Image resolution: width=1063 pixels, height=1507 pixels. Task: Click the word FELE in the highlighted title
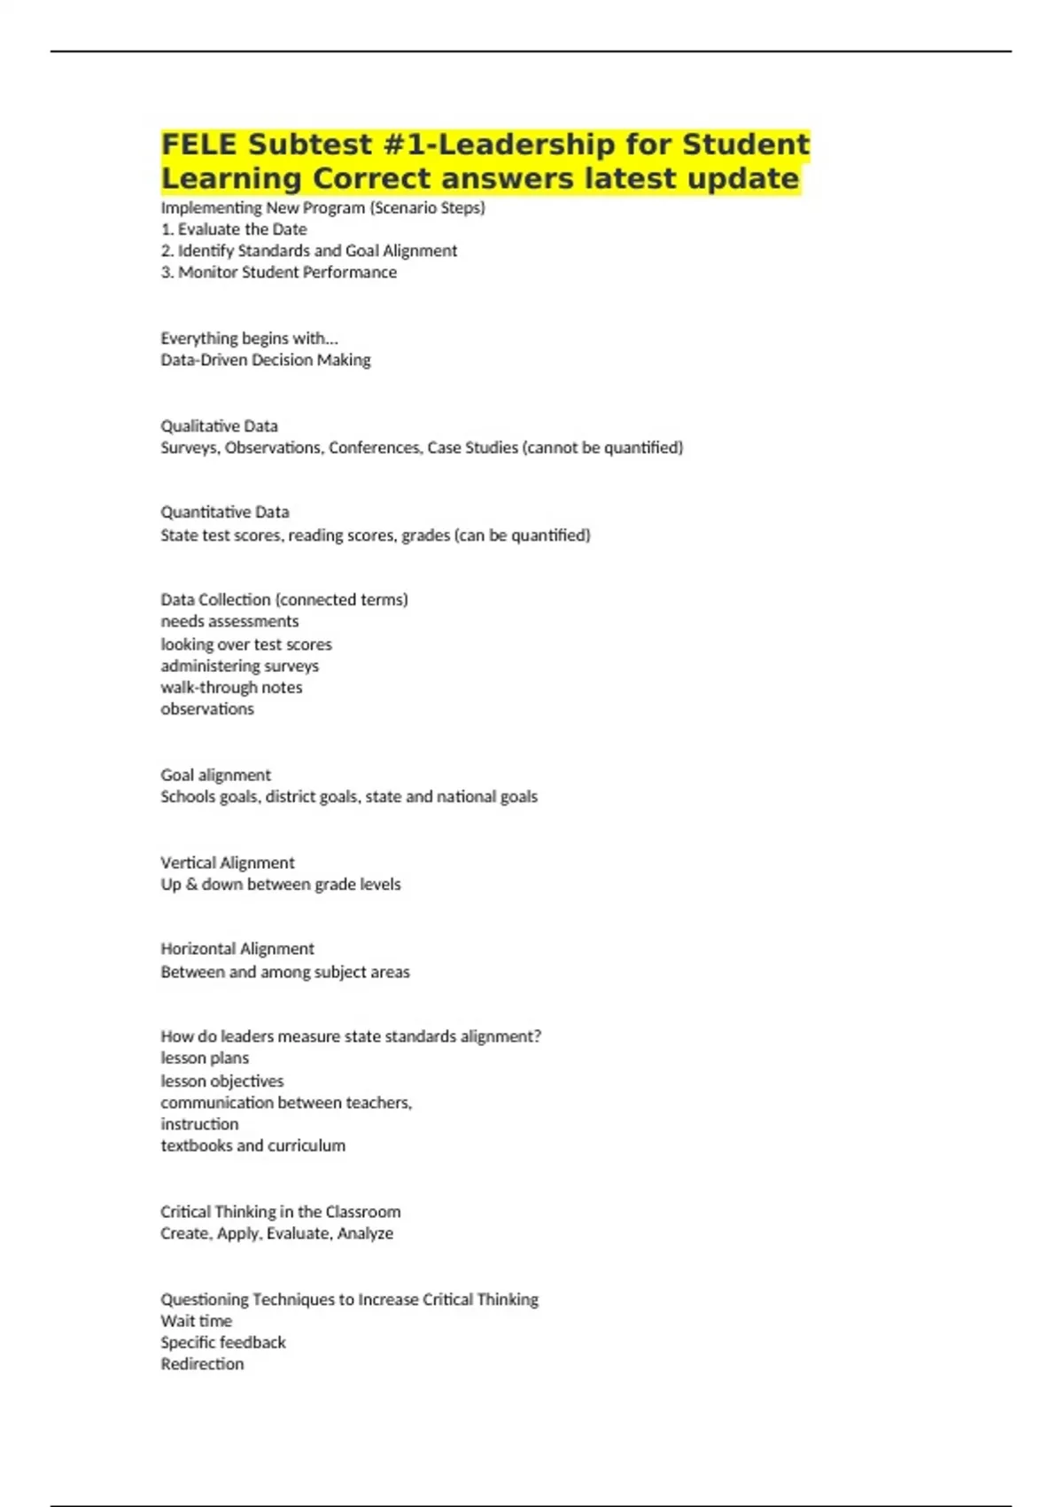(199, 144)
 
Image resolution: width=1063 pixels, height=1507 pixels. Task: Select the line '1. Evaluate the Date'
(234, 229)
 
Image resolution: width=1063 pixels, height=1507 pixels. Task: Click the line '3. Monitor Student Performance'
(278, 272)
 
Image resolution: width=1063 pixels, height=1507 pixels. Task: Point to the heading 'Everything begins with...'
(249, 338)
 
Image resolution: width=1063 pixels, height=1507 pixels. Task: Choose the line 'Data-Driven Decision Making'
(265, 360)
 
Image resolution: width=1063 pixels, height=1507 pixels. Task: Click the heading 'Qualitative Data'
(219, 426)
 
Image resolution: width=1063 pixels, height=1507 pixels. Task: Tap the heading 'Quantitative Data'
(224, 512)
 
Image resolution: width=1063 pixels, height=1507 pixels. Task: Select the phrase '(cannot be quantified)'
(602, 448)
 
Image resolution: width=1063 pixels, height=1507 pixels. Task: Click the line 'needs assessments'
(229, 621)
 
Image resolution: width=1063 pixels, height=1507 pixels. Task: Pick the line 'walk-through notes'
(231, 687)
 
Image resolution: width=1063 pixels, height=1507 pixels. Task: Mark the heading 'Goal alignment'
(215, 775)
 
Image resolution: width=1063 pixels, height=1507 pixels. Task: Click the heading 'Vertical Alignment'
(227, 863)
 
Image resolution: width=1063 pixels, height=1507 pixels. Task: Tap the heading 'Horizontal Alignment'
(237, 949)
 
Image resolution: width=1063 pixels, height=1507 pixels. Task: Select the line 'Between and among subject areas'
(284, 972)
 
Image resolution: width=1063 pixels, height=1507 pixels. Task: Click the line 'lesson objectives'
(221, 1081)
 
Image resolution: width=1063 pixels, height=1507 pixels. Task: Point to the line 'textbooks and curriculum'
(252, 1145)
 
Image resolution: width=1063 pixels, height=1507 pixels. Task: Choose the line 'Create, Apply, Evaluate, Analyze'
(276, 1233)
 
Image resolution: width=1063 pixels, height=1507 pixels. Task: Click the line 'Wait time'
(196, 1321)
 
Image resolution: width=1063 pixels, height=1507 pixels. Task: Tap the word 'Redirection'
(202, 1364)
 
